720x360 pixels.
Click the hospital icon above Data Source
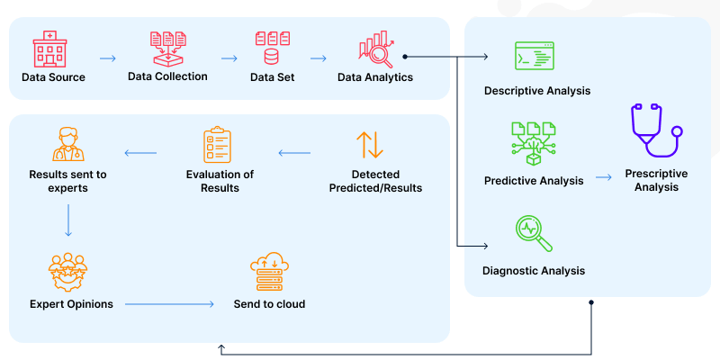pos(53,50)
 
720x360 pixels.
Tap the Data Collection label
pos(167,76)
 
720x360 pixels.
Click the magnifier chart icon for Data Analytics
pos(375,50)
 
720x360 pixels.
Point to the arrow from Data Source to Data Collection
pos(108,58)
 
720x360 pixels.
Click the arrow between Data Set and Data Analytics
pos(318,58)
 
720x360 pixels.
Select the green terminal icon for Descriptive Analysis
pos(534,57)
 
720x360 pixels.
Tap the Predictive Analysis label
pos(534,180)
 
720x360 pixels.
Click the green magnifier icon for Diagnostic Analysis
pos(533,233)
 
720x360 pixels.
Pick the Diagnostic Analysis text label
pos(534,271)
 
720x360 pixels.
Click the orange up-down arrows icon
pos(369,146)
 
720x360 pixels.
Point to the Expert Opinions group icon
pos(68,271)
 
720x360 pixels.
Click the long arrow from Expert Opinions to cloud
pos(169,304)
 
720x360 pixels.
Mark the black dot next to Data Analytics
pos(405,57)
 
